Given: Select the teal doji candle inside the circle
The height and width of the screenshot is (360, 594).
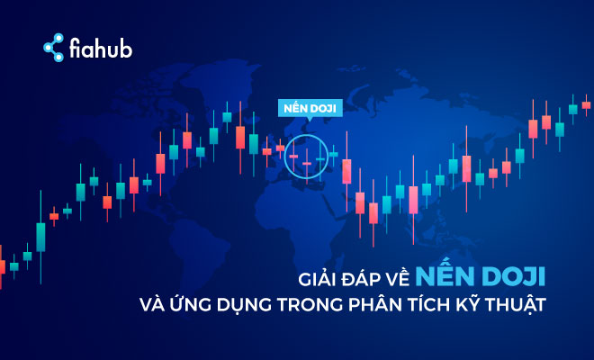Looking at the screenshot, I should [320, 159].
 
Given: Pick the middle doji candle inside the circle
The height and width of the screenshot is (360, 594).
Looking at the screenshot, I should [306, 164].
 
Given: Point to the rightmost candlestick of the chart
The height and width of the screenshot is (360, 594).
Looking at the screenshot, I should [586, 104].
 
